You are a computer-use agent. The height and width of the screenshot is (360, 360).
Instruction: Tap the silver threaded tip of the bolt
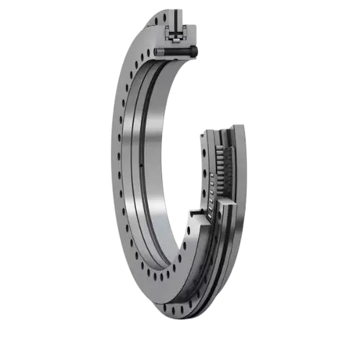[x=161, y=52]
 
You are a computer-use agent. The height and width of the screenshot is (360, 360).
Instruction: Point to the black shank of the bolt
[x=179, y=52]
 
